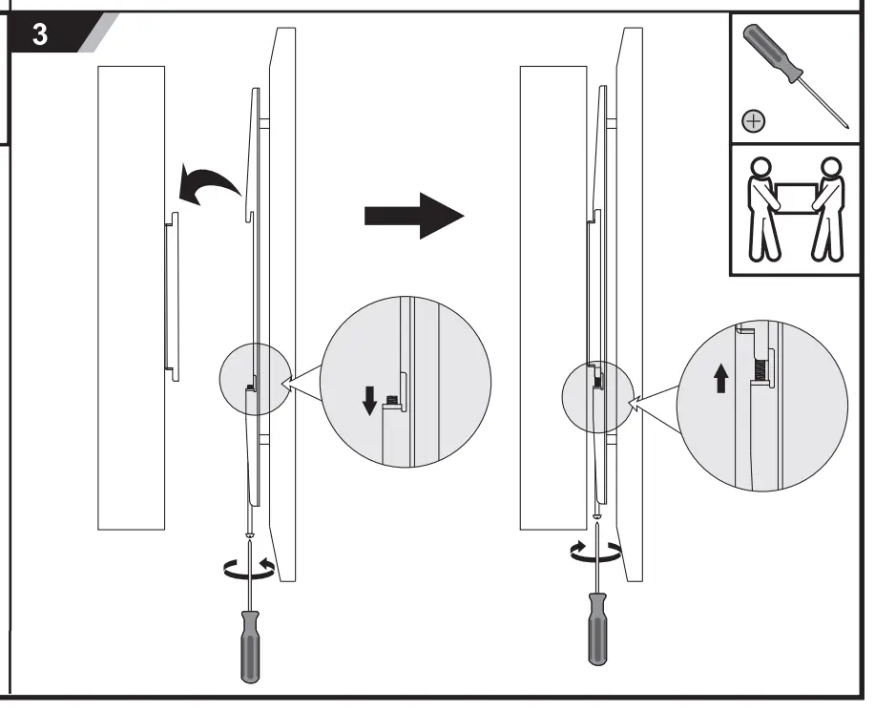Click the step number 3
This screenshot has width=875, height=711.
pos(40,35)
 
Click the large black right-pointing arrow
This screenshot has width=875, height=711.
pos(413,217)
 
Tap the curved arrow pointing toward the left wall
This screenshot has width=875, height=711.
pos(208,184)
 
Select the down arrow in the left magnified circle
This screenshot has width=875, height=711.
pos(369,402)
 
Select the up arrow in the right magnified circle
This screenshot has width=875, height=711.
pos(720,381)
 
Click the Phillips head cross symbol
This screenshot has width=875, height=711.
pos(754,121)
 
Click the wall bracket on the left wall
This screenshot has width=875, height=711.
pos(170,297)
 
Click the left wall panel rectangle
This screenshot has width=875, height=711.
pos(131,297)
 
